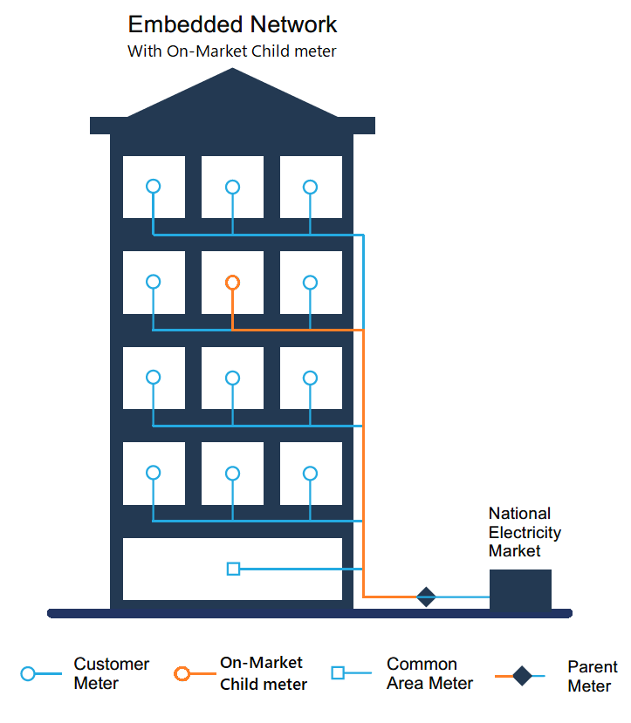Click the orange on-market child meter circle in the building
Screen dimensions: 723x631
[232, 283]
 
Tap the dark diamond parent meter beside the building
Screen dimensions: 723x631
[426, 597]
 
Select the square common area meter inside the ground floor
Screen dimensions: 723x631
[233, 569]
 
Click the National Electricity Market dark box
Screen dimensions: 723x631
[520, 590]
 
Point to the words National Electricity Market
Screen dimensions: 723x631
[525, 532]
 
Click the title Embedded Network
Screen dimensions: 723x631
[232, 24]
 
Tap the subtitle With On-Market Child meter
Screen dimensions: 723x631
[231, 51]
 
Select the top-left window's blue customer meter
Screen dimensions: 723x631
[154, 187]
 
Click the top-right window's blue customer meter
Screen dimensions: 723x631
[310, 187]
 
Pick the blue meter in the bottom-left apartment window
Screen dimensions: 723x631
[154, 473]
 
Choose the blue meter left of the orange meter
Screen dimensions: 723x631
[154, 283]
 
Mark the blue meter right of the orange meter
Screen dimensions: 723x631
[310, 283]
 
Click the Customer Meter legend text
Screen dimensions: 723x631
[111, 674]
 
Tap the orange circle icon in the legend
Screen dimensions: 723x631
[182, 674]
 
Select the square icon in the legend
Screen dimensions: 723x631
[339, 672]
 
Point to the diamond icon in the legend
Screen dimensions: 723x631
[522, 676]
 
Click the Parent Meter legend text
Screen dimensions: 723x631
[592, 677]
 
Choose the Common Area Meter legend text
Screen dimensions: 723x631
[429, 674]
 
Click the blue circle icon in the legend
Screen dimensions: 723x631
[28, 674]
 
